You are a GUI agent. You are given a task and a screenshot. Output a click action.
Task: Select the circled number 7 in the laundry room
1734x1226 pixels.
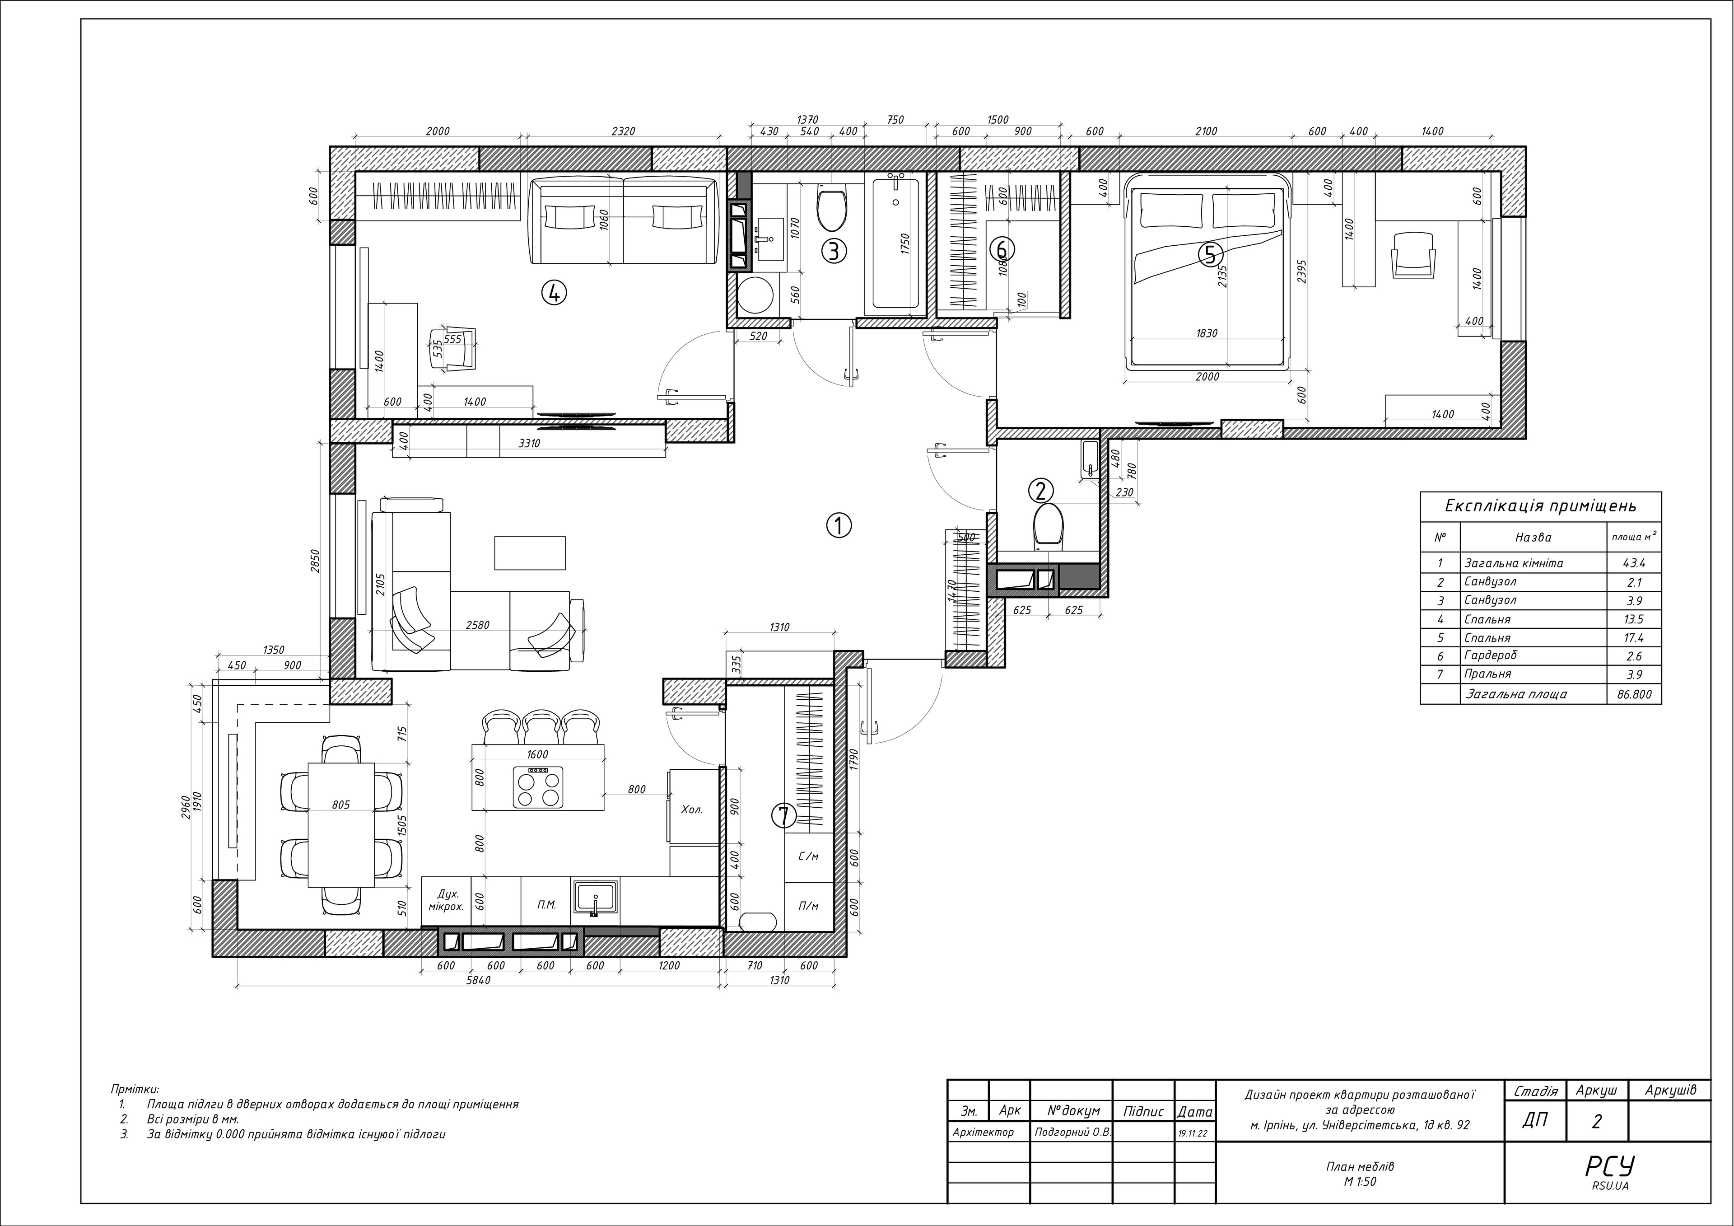click(783, 815)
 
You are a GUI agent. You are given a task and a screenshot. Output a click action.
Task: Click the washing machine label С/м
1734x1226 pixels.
click(808, 856)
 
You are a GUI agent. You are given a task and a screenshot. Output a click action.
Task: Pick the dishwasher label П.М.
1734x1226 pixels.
click(547, 904)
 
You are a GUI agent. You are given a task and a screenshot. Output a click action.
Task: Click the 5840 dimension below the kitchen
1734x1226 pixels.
click(478, 981)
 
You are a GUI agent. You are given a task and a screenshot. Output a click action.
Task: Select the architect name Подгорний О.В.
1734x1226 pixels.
click(1072, 1132)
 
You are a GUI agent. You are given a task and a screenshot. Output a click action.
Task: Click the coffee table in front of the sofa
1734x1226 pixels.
click(529, 553)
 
